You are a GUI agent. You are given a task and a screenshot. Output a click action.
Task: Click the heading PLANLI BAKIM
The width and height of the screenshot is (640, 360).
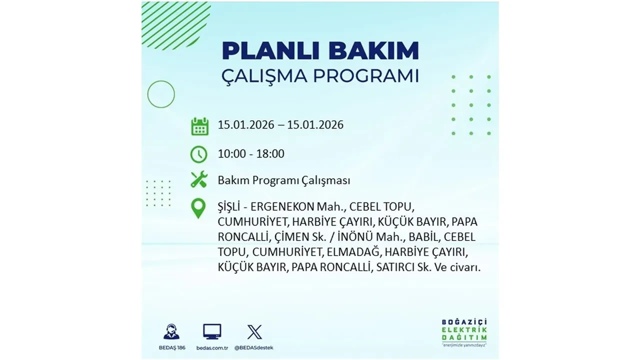coord(320,51)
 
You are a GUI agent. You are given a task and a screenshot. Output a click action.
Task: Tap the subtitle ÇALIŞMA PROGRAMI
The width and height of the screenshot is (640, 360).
coord(320,76)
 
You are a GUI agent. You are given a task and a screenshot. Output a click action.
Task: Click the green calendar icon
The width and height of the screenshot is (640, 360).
coord(199,126)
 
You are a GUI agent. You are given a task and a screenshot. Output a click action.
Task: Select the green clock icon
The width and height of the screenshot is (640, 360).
coord(199,154)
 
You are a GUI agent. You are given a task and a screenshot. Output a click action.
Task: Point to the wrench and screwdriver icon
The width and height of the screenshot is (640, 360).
coord(199,180)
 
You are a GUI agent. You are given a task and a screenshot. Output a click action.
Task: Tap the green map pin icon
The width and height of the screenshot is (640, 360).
coord(198,208)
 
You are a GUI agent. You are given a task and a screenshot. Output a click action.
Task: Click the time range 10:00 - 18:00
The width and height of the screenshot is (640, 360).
coord(251,154)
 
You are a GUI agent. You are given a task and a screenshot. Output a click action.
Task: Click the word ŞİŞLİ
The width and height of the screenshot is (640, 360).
coord(230,207)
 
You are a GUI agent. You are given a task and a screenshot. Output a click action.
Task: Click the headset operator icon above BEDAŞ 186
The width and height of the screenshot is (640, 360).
coord(171,332)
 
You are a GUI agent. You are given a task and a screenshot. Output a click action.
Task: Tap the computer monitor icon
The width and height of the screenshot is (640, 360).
coord(212,331)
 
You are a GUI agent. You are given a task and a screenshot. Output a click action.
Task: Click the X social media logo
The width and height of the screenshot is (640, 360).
coord(254,331)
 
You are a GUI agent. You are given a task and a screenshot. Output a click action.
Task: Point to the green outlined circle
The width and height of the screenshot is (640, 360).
coord(161,94)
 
